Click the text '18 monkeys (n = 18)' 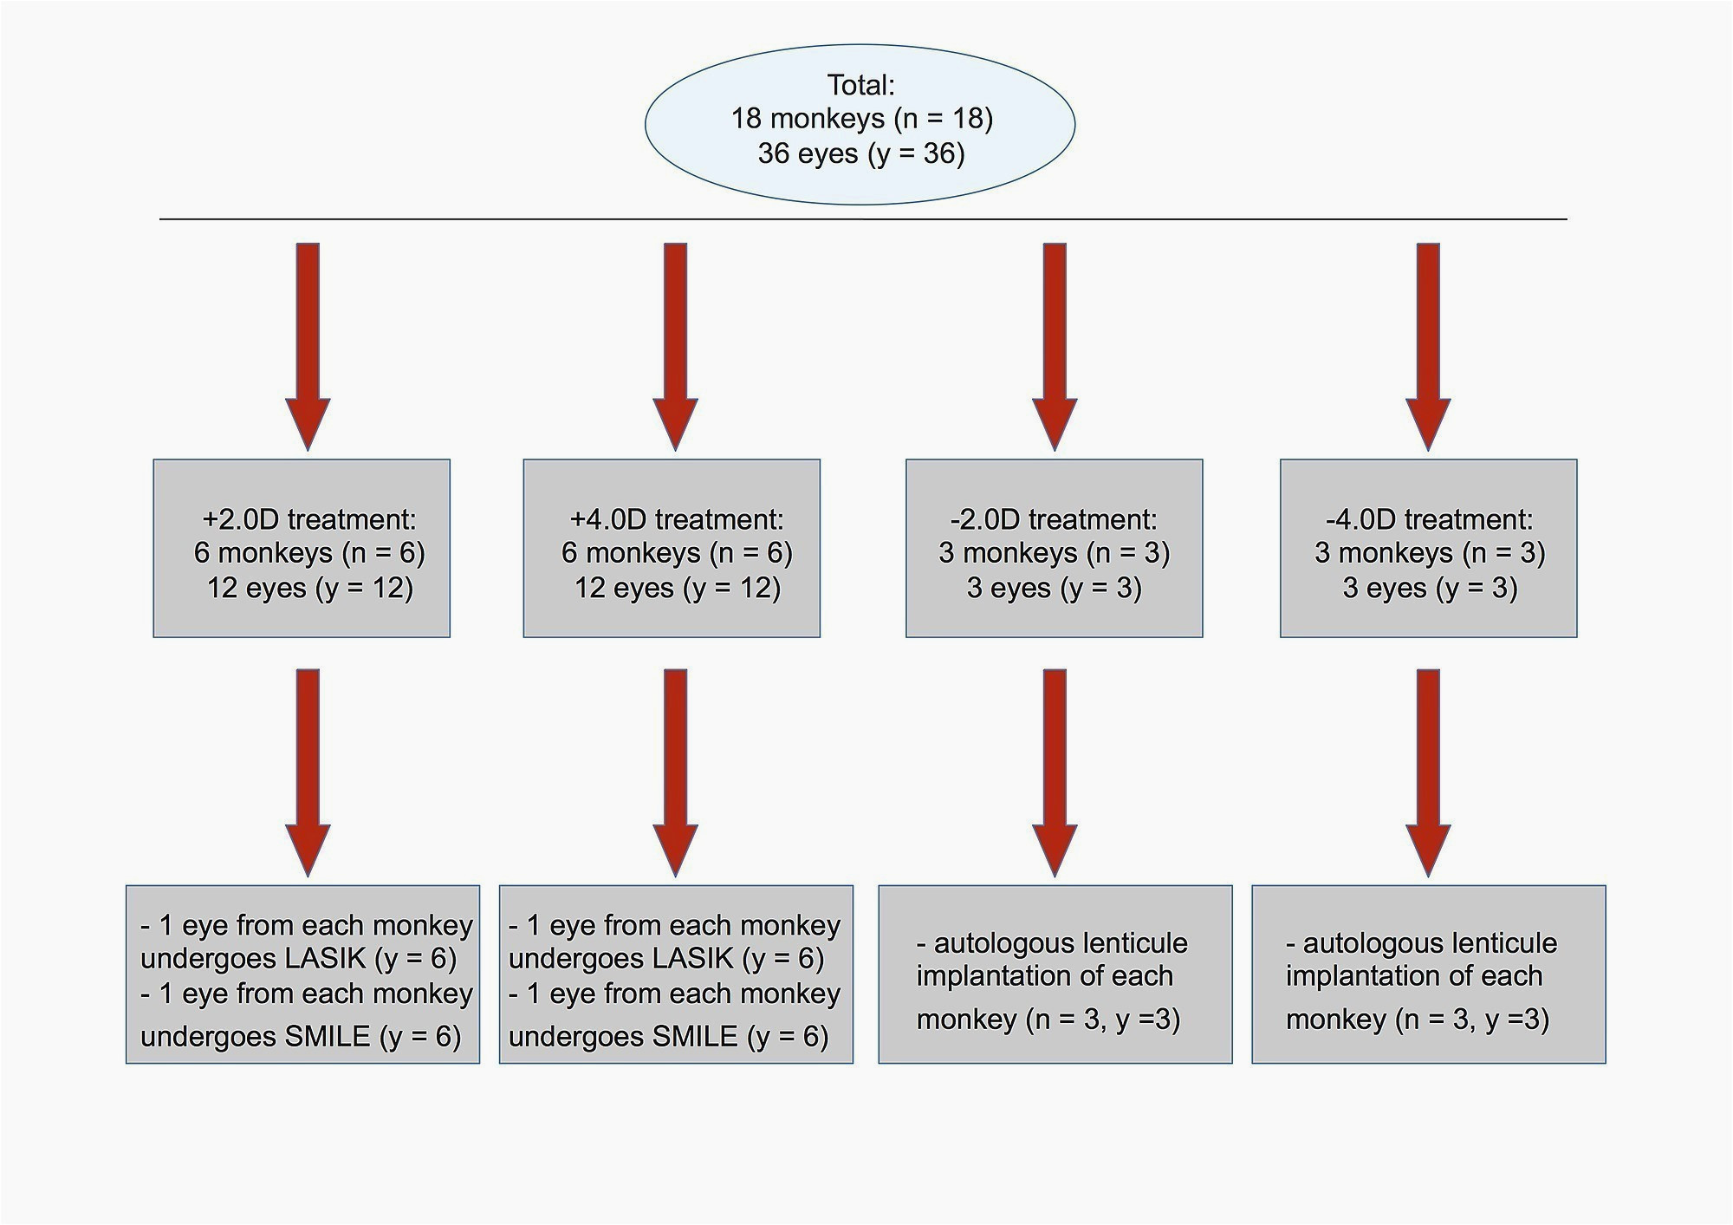861,118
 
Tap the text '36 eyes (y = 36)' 861,153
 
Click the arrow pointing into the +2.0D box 308,347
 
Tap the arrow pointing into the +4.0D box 675,347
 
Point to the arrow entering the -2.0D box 1055,347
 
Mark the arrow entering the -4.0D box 1428,347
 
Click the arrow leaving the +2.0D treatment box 308,772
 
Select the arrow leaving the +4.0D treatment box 675,772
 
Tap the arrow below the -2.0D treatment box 1055,772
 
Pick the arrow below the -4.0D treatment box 1428,772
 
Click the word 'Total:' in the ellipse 860,85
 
